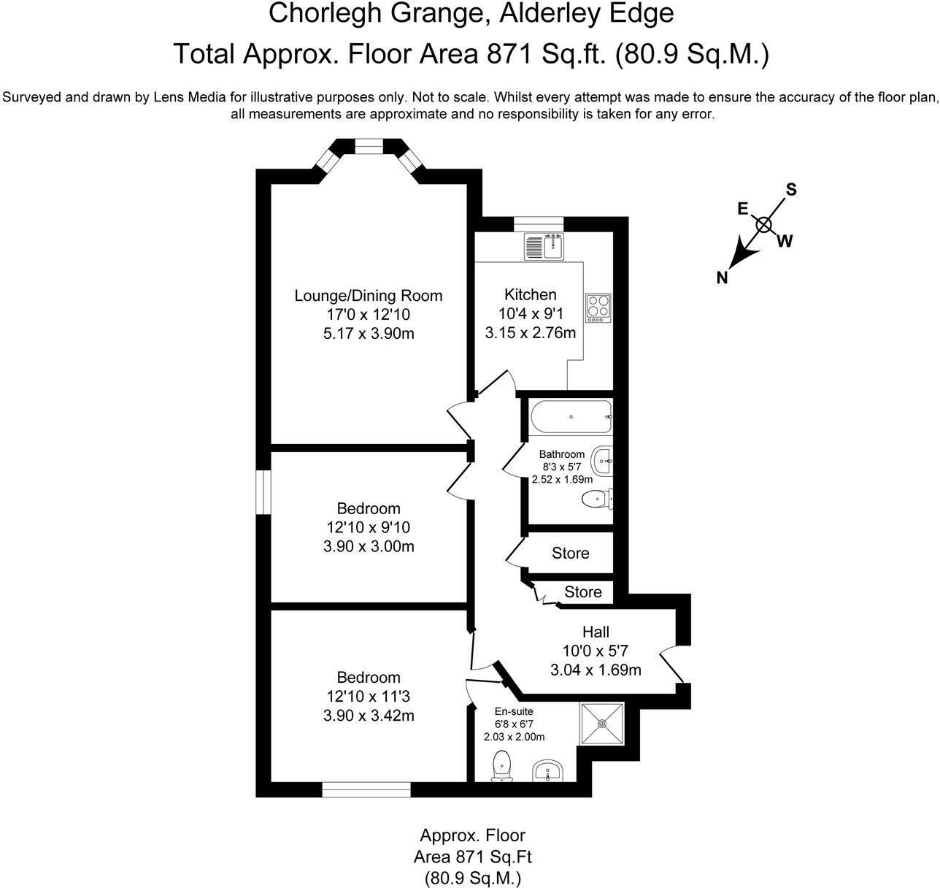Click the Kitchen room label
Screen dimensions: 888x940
point(531,295)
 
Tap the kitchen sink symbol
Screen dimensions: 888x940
point(544,247)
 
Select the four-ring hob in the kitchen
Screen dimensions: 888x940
point(598,308)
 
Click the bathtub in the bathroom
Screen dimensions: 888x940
point(570,417)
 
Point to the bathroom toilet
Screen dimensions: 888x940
point(598,499)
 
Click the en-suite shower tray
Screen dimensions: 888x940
point(603,724)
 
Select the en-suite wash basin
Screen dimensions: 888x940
point(549,770)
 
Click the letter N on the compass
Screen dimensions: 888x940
point(722,277)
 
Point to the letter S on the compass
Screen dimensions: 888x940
point(790,190)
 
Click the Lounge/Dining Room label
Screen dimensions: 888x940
point(369,296)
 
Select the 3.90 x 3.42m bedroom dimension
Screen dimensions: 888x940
point(369,716)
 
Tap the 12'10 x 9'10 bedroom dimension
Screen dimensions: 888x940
point(369,527)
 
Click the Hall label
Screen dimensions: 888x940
point(596,632)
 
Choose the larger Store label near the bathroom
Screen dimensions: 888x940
point(570,554)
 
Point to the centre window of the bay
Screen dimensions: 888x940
point(369,150)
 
